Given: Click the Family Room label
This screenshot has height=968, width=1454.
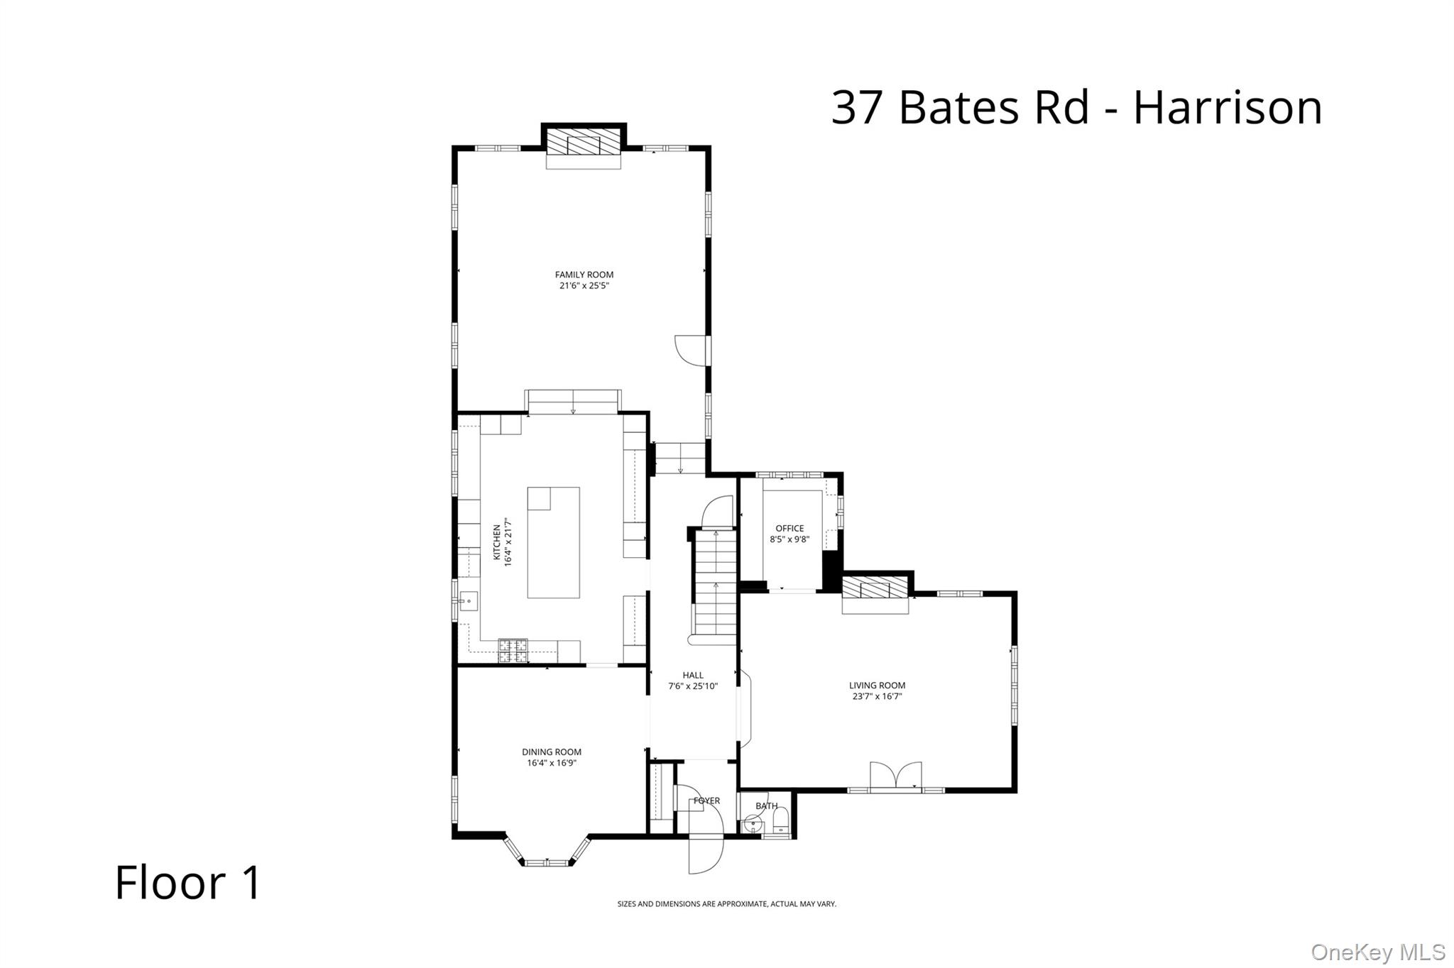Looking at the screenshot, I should click(x=584, y=275).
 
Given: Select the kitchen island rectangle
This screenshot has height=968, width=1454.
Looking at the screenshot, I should click(x=553, y=543).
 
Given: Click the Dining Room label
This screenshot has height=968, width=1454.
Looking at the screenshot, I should click(x=551, y=752).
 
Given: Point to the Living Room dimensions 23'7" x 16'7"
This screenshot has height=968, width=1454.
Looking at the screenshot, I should click(x=877, y=696).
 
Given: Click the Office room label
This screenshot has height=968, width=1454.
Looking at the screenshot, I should click(x=789, y=528).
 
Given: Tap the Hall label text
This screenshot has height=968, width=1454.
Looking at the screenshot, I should click(x=692, y=676).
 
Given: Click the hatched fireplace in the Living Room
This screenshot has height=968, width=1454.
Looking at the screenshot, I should click(x=875, y=588).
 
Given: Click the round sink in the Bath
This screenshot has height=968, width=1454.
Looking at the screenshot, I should click(x=751, y=825).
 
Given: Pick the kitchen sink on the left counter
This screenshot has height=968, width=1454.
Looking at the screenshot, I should click(x=468, y=601).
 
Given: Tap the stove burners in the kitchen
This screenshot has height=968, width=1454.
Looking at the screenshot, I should click(x=513, y=650).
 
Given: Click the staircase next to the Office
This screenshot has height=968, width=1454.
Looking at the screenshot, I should click(x=715, y=582).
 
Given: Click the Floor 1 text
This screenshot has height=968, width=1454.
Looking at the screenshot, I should click(x=188, y=882).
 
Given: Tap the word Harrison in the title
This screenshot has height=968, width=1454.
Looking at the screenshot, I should click(x=1227, y=108).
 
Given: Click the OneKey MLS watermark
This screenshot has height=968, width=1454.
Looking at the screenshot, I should click(x=1377, y=952).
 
